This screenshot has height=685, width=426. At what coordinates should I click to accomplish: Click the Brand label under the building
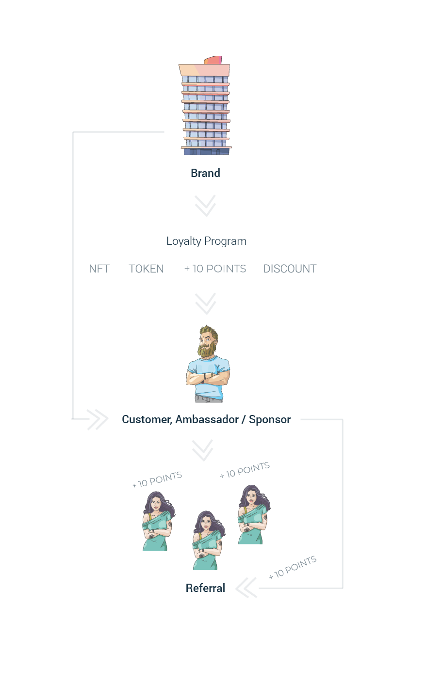point(205,173)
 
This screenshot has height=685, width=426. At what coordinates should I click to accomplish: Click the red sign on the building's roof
point(213,60)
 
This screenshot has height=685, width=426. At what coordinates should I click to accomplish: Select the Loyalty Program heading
point(206,241)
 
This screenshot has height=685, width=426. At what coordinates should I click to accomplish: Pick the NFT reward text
point(99,269)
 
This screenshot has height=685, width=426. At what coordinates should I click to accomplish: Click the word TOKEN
point(146,269)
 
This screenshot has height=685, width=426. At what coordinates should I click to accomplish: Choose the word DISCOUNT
point(290,269)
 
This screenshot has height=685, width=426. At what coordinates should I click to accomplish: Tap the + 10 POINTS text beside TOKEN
point(215,269)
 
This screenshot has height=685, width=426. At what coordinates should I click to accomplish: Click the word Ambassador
point(207,420)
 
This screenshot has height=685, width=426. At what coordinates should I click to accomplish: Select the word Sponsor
point(270,420)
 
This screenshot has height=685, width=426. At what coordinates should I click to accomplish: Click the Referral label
point(205,588)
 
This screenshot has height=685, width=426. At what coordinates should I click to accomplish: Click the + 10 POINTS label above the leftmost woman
point(157,480)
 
